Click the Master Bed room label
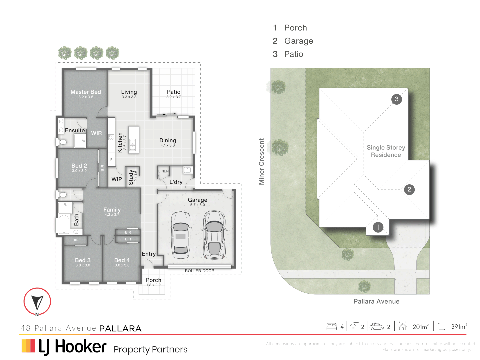(86, 92)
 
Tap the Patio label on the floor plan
(174, 92)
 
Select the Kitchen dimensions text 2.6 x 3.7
(125, 142)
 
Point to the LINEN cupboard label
(163, 171)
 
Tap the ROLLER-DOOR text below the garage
(200, 271)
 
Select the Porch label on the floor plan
(154, 280)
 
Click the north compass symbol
(37, 302)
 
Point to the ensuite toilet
(62, 142)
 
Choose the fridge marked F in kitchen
(111, 160)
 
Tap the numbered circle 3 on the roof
(396, 99)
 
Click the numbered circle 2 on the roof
(409, 189)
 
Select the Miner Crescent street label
(262, 162)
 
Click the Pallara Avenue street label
(376, 301)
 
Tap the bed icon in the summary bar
(332, 326)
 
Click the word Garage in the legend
(299, 41)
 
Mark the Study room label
(131, 177)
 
